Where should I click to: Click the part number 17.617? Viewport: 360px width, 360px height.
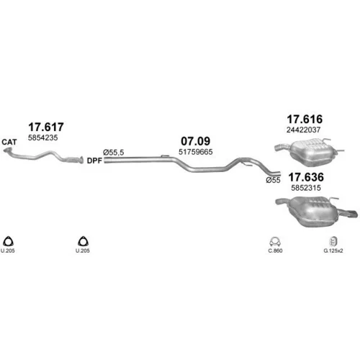(46, 127)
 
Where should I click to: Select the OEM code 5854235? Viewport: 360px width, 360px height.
(43, 138)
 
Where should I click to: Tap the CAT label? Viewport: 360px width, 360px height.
(9, 142)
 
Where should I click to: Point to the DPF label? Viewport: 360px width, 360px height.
(94, 161)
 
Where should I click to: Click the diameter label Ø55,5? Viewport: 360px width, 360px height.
(114, 153)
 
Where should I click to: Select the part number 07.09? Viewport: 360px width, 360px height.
(196, 141)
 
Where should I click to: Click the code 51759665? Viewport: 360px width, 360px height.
(196, 152)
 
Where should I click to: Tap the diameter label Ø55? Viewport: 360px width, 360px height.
(273, 180)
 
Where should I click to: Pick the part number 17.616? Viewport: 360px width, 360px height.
(305, 119)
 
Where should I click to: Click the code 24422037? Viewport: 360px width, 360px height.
(303, 130)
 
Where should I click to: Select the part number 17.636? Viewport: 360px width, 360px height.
(306, 177)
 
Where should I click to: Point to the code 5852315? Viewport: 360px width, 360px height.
(306, 188)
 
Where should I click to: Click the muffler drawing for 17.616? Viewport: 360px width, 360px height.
(310, 153)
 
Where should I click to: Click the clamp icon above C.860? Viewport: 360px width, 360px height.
(275, 242)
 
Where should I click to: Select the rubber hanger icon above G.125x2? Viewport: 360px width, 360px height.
(333, 241)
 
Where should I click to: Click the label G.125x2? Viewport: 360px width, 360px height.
(333, 251)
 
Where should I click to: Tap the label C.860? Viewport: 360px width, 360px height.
(275, 251)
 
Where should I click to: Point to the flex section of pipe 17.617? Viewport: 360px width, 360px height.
(71, 160)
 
